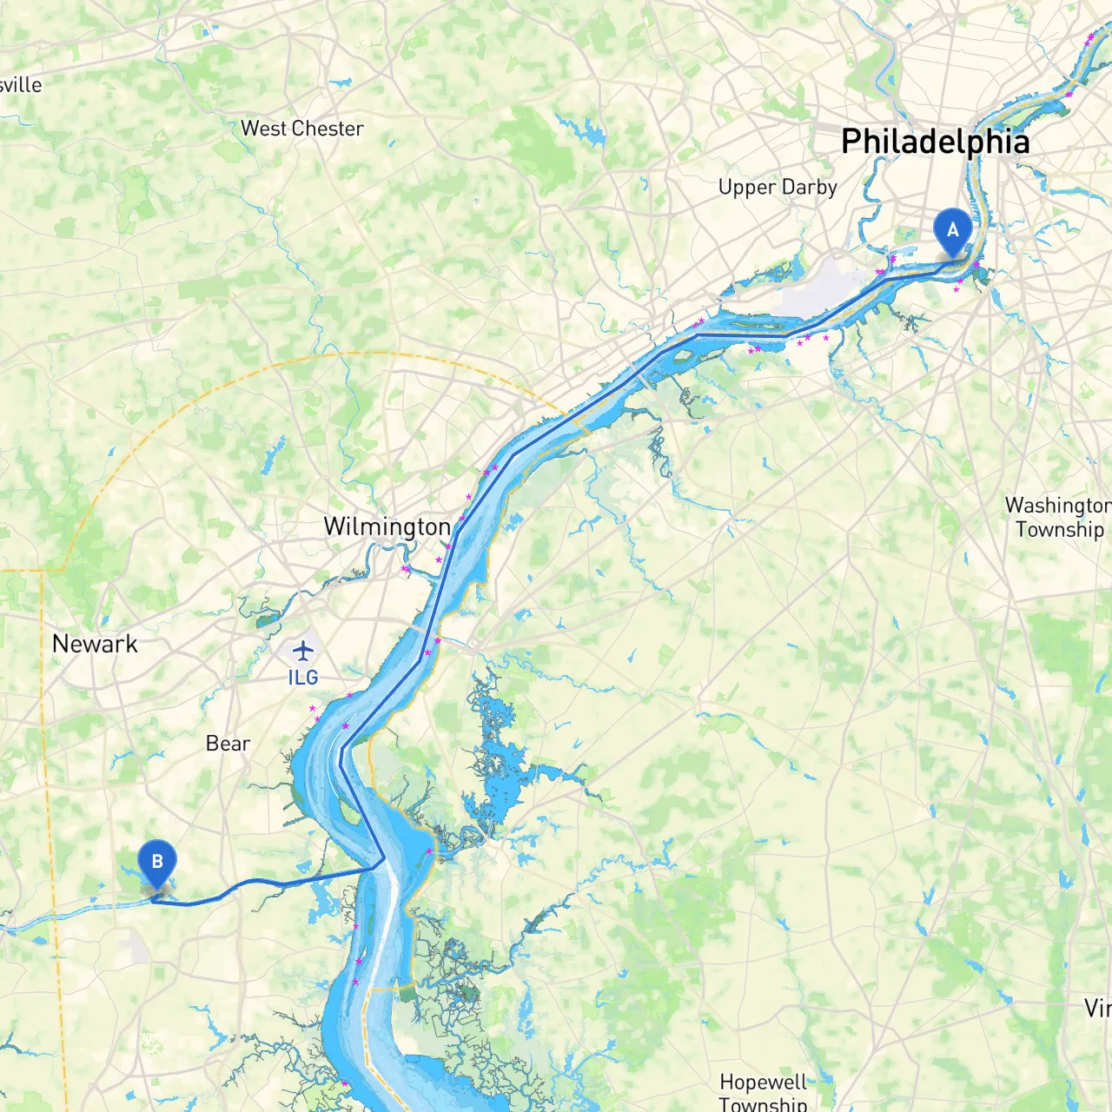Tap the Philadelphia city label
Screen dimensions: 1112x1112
pos(935,142)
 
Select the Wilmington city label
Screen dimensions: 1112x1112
pos(387,527)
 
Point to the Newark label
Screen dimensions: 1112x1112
pos(95,644)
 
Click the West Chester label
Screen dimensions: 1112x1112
pos(301,129)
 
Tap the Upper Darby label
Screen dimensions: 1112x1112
pos(778,188)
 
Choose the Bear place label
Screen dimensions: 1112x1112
pos(228,744)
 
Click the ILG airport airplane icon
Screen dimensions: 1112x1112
pos(302,650)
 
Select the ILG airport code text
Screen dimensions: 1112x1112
pos(302,678)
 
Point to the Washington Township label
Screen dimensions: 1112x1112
pos(1058,517)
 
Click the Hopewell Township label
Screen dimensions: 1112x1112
pos(763,1093)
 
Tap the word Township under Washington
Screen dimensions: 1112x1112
pos(1060,529)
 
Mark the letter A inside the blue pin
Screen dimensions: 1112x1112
pos(952,229)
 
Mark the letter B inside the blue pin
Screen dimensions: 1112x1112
pos(157,861)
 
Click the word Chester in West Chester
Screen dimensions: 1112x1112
pos(328,129)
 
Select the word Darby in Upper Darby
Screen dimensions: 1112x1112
pos(809,188)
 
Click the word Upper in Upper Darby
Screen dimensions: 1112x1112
pos(747,188)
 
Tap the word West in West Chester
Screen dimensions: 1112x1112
pos(263,129)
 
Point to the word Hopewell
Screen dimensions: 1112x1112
pos(763,1082)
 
